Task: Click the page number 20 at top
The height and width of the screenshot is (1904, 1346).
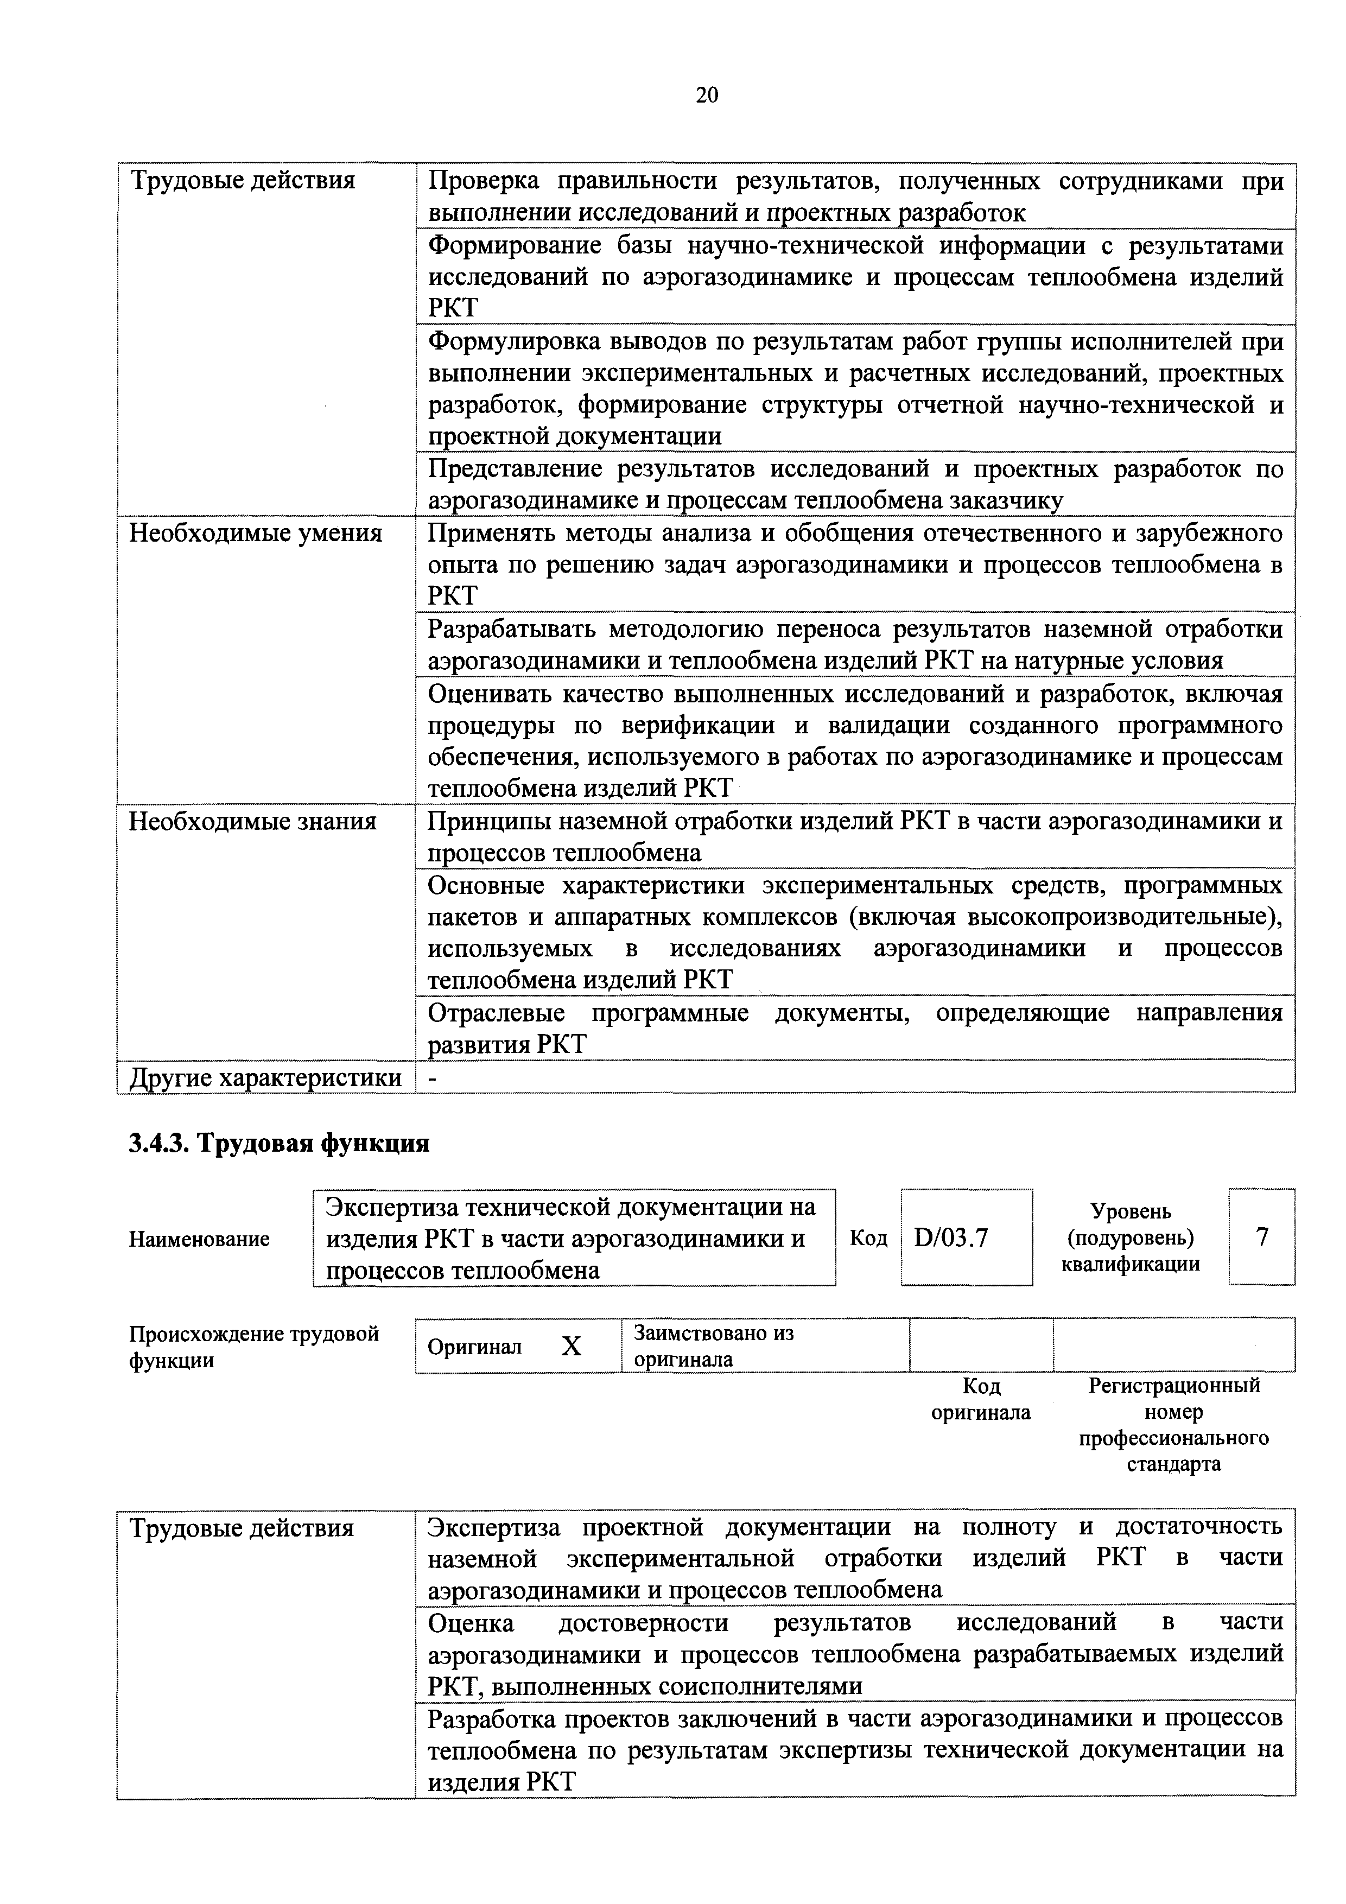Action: tap(707, 96)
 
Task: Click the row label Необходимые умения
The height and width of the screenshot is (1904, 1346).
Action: tap(256, 533)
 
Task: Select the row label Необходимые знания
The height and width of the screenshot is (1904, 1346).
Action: tap(252, 821)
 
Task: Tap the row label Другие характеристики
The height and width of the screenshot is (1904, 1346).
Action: tap(265, 1078)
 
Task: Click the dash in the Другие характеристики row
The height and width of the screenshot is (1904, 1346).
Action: tap(431, 1078)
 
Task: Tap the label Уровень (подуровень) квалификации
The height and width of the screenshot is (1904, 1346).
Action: tap(1131, 1237)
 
